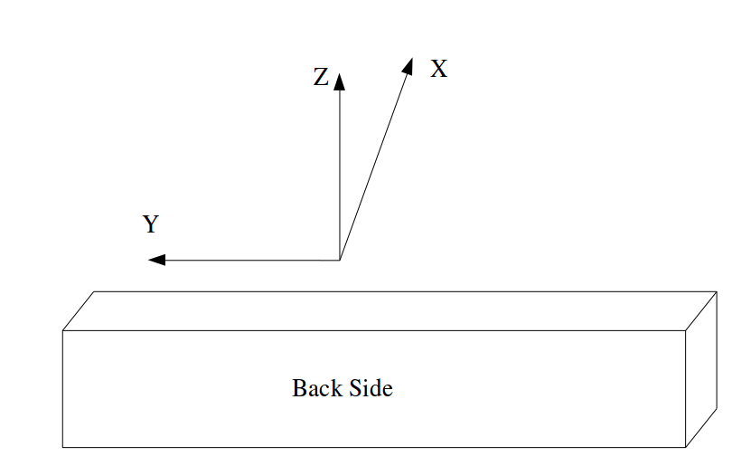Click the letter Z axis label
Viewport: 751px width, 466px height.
click(321, 78)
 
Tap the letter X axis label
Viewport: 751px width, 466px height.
click(438, 69)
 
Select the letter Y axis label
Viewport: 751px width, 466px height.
click(151, 224)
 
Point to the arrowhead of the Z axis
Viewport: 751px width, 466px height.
click(339, 81)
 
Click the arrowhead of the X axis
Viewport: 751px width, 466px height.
click(408, 66)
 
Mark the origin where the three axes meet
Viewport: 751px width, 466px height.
click(339, 261)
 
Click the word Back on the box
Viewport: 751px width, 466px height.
click(313, 388)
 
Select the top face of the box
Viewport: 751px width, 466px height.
click(389, 311)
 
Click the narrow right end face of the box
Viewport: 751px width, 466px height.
click(701, 369)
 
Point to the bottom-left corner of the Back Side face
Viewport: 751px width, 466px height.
click(62, 447)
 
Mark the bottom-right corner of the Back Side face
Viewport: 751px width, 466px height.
click(686, 447)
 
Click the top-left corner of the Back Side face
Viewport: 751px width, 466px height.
click(62, 331)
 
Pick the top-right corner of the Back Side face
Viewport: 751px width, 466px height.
click(686, 331)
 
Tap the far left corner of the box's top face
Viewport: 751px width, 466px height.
click(95, 292)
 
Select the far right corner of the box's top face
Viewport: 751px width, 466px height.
click(717, 292)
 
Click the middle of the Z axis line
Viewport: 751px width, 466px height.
click(339, 172)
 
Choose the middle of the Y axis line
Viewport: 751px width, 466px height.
click(249, 261)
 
